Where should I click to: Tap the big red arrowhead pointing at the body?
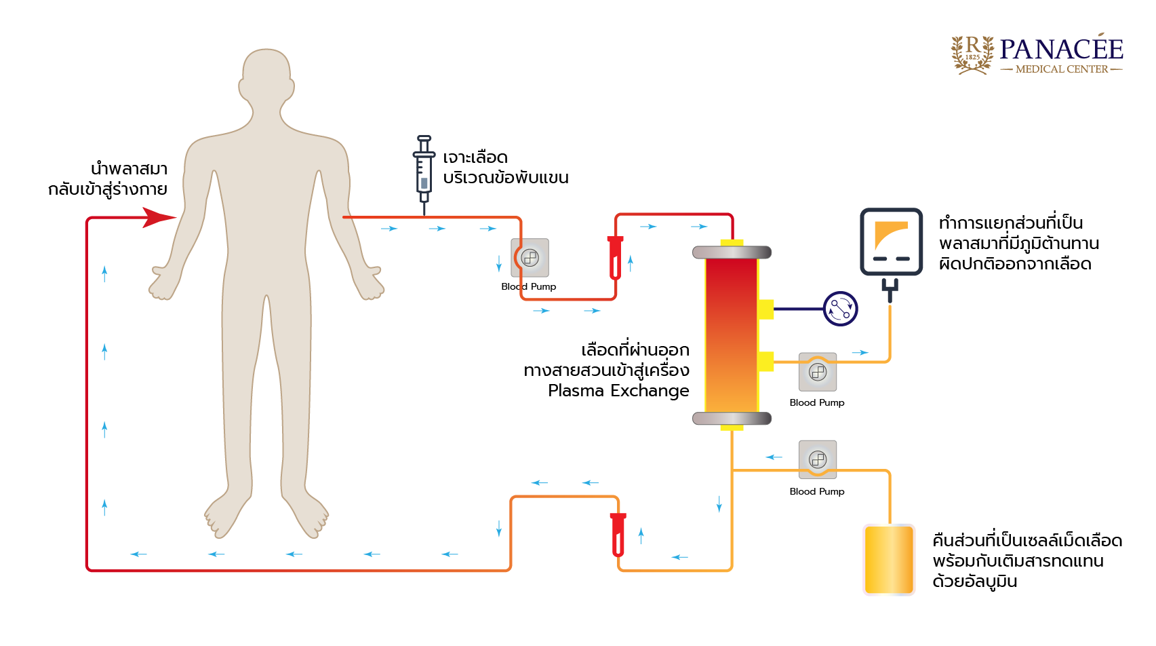pyautogui.click(x=159, y=218)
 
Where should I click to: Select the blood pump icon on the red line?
pyautogui.click(x=530, y=258)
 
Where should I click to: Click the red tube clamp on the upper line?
pyautogui.click(x=615, y=258)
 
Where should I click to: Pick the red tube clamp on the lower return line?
pyautogui.click(x=618, y=535)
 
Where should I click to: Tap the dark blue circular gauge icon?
pyautogui.click(x=840, y=309)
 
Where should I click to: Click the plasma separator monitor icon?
pyautogui.click(x=891, y=241)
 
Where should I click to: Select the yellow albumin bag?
pyautogui.click(x=889, y=560)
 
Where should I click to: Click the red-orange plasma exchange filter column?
pyautogui.click(x=732, y=335)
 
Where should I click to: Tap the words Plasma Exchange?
pyautogui.click(x=618, y=391)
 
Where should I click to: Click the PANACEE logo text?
pyautogui.click(x=1061, y=49)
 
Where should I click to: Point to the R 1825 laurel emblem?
pyautogui.click(x=972, y=53)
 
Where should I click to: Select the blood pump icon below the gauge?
pyautogui.click(x=818, y=372)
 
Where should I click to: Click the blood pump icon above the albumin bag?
pyautogui.click(x=818, y=459)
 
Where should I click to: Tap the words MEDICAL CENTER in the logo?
pyautogui.click(x=1062, y=69)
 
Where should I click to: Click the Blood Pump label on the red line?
pyautogui.click(x=529, y=287)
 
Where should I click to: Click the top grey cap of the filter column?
pyautogui.click(x=732, y=252)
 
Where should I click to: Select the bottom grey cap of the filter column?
pyautogui.click(x=732, y=418)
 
